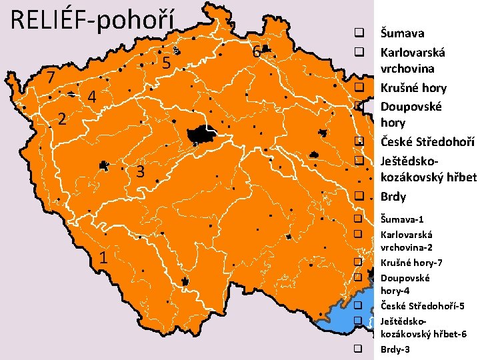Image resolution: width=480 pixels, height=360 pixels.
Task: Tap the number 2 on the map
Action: pos(61,120)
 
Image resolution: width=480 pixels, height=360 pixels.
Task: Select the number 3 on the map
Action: pos(140,172)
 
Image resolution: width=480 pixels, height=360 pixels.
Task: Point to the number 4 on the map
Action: pos(92,97)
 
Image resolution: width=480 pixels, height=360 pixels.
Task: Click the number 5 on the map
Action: pos(167,63)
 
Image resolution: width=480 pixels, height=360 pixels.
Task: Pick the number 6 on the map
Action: pos(256,51)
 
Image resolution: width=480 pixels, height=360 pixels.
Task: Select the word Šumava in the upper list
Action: pos(402,33)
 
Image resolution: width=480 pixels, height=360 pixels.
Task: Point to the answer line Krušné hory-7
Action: pos(409,262)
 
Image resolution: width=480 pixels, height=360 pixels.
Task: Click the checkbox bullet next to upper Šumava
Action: pos(358,33)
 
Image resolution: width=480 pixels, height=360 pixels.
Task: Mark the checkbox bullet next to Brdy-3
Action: pos(358,349)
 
